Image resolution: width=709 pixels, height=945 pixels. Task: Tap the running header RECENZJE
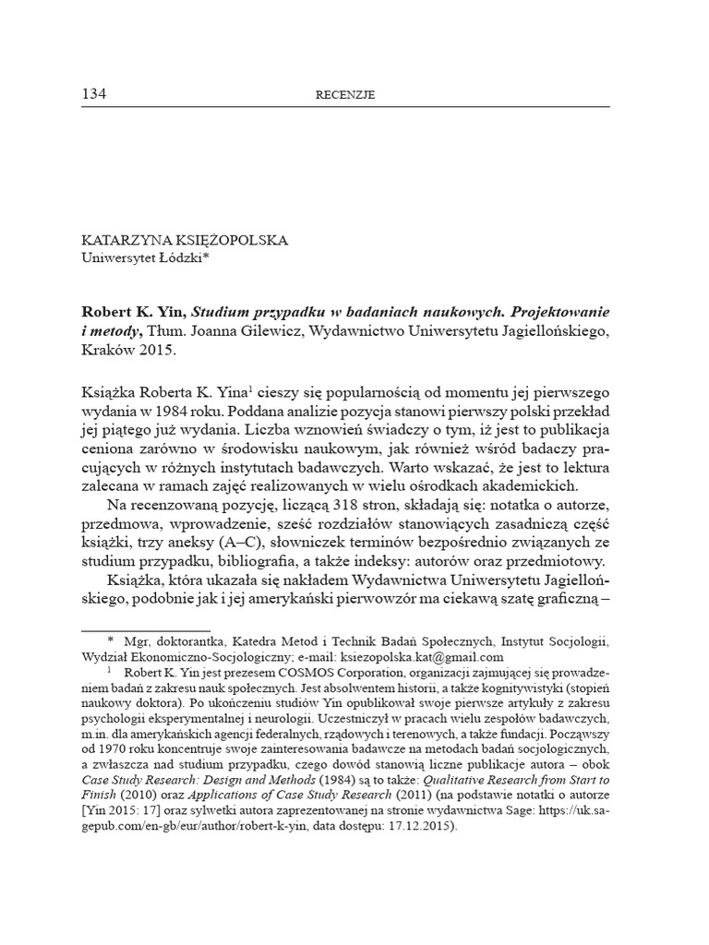pyautogui.click(x=345, y=95)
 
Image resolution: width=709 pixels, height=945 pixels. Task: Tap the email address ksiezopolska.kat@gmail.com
pyautogui.click(x=422, y=657)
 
